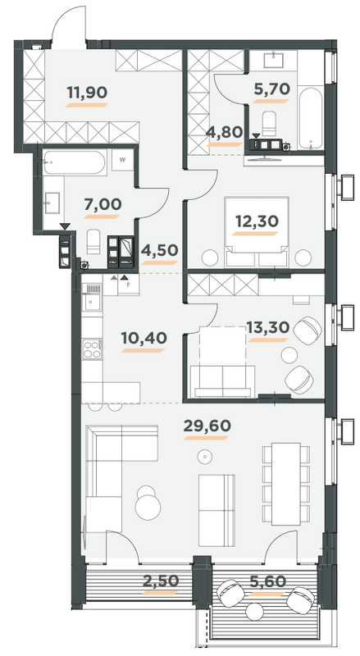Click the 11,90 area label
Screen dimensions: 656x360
pos(86,93)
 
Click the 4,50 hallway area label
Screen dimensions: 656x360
pos(160,251)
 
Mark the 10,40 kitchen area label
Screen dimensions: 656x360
pos(139,338)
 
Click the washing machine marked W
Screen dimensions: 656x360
pos(121,161)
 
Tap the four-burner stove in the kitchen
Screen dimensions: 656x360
pos(92,351)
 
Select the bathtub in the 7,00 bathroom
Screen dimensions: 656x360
pos(75,162)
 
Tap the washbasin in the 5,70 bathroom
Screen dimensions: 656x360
pos(273,59)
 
